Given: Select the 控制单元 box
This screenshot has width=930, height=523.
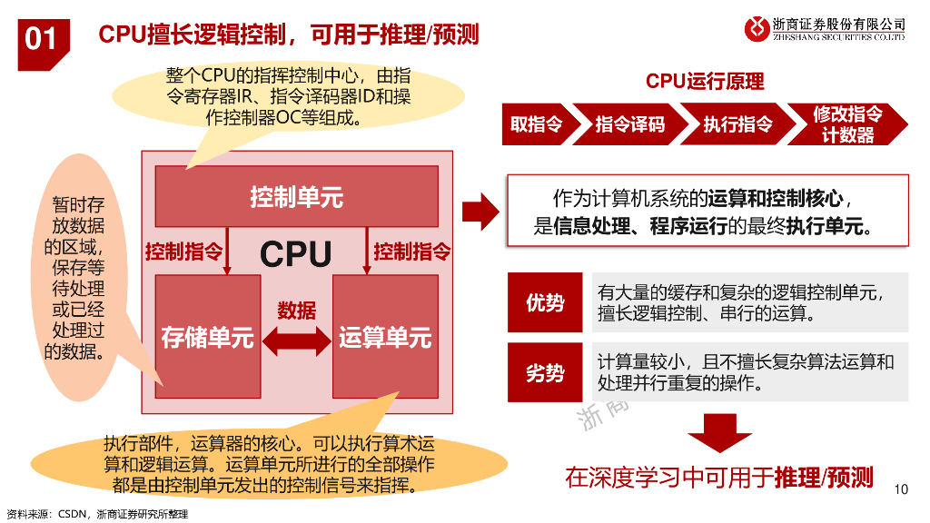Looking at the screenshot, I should click(296, 196).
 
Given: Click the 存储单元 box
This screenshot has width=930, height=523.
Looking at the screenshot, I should click(207, 338).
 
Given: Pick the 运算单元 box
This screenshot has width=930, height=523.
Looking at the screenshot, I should click(385, 338).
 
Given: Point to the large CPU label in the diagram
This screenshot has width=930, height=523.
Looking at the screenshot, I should click(296, 254).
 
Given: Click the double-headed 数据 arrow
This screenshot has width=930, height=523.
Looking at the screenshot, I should click(296, 340).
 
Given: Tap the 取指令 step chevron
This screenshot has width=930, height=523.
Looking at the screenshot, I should click(536, 124).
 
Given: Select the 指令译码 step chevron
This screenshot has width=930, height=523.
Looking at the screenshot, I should click(629, 124).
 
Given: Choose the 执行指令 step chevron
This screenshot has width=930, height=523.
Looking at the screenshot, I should click(737, 124).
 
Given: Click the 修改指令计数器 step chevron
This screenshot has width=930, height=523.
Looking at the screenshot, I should click(846, 124).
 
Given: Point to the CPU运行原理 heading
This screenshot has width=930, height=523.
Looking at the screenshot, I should click(705, 82).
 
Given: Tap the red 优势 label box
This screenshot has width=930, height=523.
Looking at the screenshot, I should click(545, 303).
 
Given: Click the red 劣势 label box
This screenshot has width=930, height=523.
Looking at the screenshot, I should click(545, 372).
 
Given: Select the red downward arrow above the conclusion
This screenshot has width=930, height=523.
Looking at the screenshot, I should click(718, 432).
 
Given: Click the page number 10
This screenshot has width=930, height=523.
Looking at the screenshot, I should click(901, 490).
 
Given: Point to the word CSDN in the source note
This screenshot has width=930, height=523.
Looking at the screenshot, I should click(72, 514).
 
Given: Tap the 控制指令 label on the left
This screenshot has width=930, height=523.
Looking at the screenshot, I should click(183, 252).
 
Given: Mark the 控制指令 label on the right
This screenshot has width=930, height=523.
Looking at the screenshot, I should click(411, 252).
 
